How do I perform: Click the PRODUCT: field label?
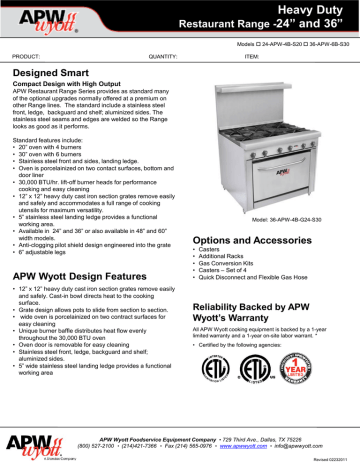pos(25,57)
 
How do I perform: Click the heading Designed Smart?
pos(49,73)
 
